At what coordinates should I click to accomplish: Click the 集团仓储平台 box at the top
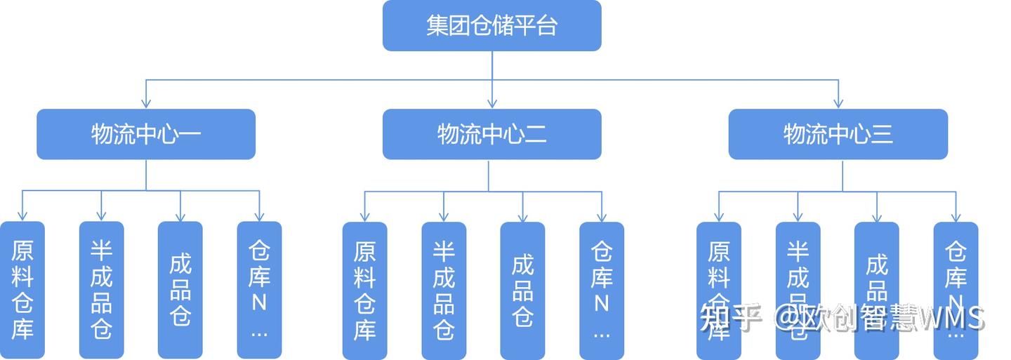point(491,26)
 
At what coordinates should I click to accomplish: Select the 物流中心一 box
point(146,134)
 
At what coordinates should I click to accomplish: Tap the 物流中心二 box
point(491,134)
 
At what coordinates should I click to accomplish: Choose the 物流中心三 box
point(838,134)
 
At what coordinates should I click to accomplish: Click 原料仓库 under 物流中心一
point(22,290)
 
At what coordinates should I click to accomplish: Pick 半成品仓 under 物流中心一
point(101,290)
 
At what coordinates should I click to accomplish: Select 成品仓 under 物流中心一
point(180,290)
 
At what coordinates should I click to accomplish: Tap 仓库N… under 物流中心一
point(259,290)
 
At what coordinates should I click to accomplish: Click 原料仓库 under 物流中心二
point(364,290)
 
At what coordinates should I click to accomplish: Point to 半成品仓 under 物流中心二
point(444,290)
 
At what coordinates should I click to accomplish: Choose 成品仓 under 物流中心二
point(522,290)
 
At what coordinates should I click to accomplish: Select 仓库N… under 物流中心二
point(602,290)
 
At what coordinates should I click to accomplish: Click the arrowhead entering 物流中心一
point(146,104)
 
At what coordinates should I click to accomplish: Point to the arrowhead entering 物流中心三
point(838,104)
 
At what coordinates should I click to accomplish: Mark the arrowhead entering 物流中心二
point(491,104)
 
